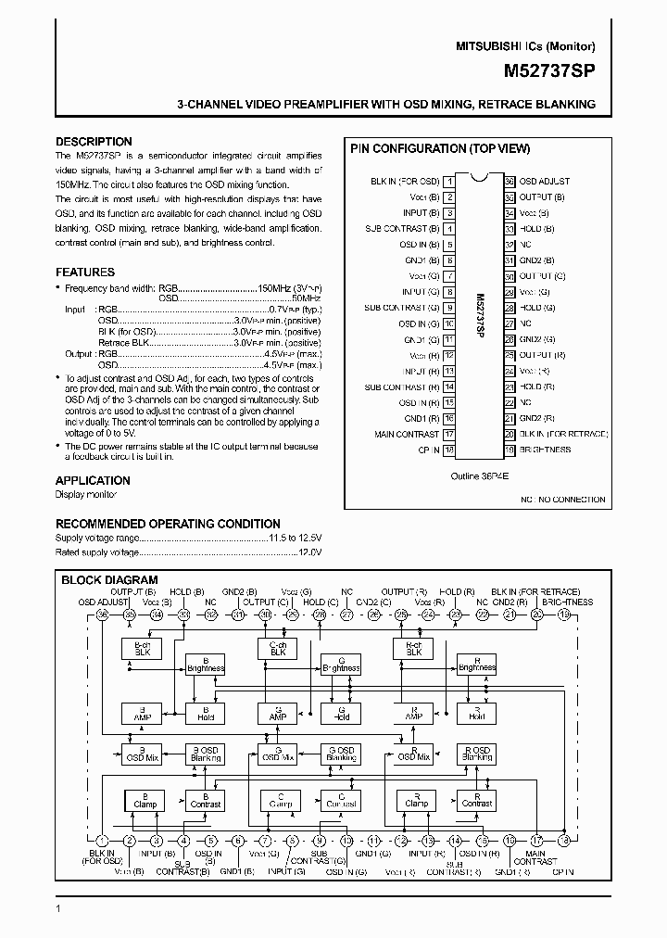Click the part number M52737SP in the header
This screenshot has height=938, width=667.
pyautogui.click(x=550, y=70)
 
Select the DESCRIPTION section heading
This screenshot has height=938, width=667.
pyautogui.click(x=94, y=142)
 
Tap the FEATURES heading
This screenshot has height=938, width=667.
pyautogui.click(x=85, y=273)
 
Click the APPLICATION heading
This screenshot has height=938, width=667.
pyautogui.click(x=93, y=480)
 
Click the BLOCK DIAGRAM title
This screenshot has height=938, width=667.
pyautogui.click(x=109, y=580)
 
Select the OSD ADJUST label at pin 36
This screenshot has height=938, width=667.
pyautogui.click(x=544, y=182)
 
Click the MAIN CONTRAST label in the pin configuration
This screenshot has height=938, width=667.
pyautogui.click(x=407, y=434)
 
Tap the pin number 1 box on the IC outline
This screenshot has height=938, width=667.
pyautogui.click(x=448, y=182)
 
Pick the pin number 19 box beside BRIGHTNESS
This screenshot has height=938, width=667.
pyautogui.click(x=510, y=450)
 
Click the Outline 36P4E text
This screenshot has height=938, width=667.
pyautogui.click(x=479, y=475)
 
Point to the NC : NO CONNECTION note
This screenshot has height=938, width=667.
pyautogui.click(x=562, y=500)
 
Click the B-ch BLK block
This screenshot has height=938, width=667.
pyautogui.click(x=142, y=649)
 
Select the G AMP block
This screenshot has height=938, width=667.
pyautogui.click(x=277, y=713)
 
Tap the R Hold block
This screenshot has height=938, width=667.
pyautogui.click(x=476, y=713)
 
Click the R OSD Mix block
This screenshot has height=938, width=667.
pyautogui.click(x=412, y=754)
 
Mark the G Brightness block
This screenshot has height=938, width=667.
pyautogui.click(x=340, y=665)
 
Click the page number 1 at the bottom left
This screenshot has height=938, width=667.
pyautogui.click(x=57, y=908)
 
